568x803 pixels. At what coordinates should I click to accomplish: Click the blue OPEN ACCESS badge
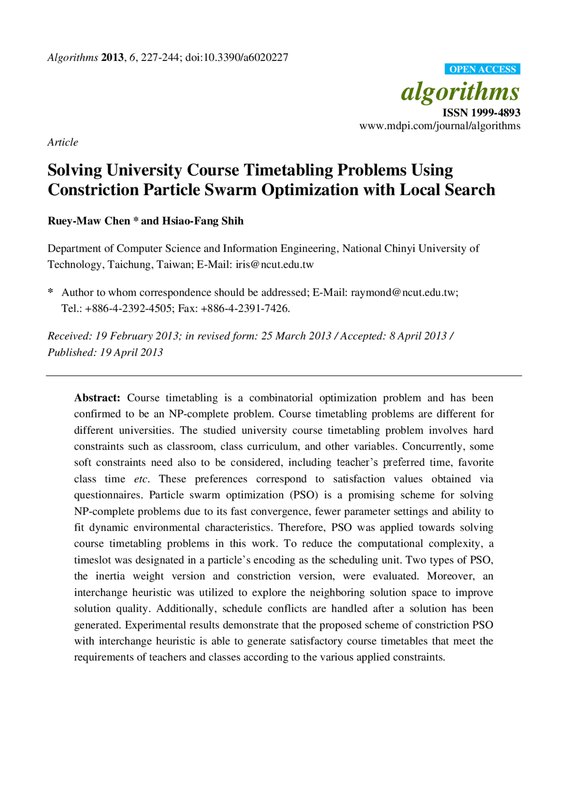[482, 69]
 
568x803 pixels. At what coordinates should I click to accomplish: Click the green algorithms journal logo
[460, 92]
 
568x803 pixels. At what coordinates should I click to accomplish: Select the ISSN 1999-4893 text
[481, 113]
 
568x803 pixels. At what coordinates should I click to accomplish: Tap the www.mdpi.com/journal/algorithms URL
[440, 126]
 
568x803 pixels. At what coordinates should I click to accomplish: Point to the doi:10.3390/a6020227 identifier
[237, 58]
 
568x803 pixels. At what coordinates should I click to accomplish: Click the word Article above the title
[63, 142]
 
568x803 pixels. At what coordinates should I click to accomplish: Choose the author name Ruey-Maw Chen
[89, 221]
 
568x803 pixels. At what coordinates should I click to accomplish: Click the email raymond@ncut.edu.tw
[403, 293]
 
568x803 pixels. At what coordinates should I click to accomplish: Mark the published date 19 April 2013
[131, 353]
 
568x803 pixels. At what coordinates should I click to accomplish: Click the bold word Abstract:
[97, 398]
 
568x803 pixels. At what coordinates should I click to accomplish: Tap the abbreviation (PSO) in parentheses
[304, 495]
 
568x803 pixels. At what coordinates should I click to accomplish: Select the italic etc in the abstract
[141, 479]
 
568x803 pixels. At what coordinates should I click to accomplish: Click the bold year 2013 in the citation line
[112, 58]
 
